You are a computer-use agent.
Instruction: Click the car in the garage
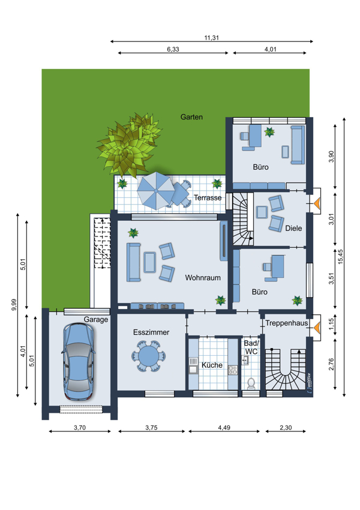pos(79,361)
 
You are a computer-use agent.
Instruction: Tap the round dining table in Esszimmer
pos(149,356)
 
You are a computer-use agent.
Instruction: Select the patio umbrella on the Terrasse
pos(156,191)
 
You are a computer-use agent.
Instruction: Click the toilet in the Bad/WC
pos(251,383)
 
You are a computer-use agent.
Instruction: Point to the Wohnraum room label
pos(203,278)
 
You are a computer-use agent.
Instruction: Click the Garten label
pos(191,117)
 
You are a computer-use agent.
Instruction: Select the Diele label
pos(293,229)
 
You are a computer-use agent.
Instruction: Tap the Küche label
pos(212,365)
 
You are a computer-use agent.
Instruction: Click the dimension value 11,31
pos(211,38)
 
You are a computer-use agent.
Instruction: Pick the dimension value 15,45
pos(340,257)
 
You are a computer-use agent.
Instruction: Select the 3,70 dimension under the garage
pos(80,428)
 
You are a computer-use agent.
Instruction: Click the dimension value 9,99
pos(14,304)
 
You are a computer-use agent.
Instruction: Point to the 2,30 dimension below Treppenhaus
pos(286,428)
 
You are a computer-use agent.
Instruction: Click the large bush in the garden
pos(128,146)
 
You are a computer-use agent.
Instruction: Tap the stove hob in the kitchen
pos(233,370)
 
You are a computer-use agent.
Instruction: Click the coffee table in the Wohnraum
pos(149,262)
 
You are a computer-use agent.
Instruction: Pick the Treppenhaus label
pos(287,323)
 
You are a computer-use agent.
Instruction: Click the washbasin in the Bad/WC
pos(245,360)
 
